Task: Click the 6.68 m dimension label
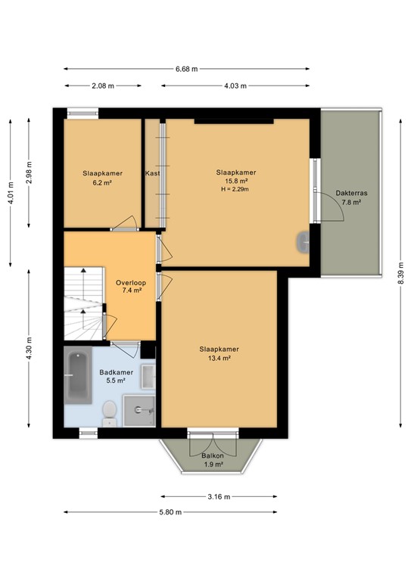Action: point(186,68)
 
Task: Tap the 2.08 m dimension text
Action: point(103,85)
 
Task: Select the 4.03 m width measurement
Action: point(235,85)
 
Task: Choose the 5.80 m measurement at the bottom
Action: point(171,512)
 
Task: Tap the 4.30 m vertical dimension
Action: point(30,349)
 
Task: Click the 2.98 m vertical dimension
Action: point(30,172)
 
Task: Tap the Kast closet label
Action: point(152,173)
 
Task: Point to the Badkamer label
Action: point(117,372)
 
